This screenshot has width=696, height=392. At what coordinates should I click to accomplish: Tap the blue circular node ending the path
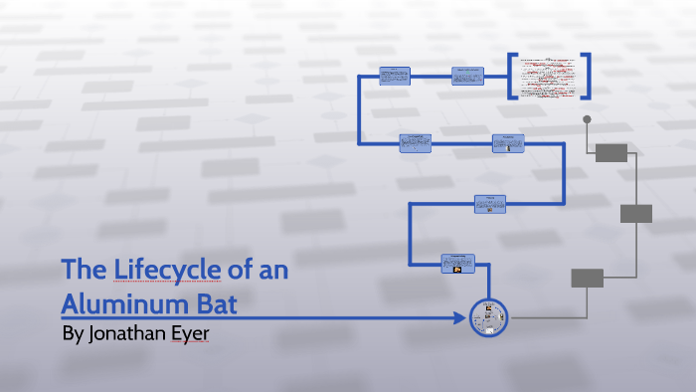[x=488, y=318]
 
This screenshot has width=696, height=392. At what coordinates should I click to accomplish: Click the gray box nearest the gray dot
[x=610, y=152]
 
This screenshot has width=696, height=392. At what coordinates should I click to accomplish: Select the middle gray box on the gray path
[x=636, y=214]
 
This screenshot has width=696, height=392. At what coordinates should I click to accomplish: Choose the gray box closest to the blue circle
[x=588, y=279]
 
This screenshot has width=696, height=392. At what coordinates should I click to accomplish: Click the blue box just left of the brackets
[x=467, y=77]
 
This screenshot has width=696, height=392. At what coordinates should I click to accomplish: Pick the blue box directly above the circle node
[x=458, y=264]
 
